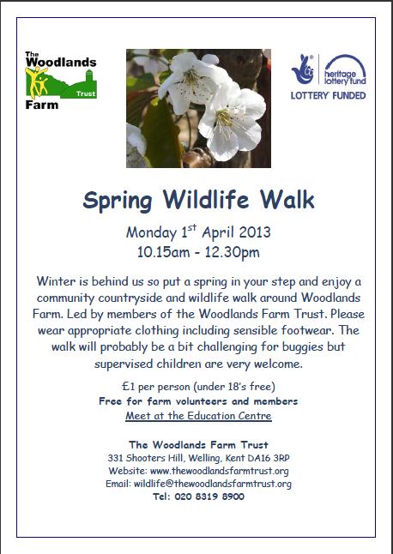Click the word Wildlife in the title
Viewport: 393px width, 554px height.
(206, 200)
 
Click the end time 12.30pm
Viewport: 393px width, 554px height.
(231, 253)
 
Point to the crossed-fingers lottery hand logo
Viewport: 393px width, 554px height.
(303, 69)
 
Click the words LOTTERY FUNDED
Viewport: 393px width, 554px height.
(328, 95)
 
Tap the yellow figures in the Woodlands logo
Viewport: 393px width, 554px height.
(36, 82)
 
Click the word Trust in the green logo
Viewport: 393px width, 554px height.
(86, 94)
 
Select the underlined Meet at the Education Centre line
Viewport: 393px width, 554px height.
(198, 416)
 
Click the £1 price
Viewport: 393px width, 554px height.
(129, 387)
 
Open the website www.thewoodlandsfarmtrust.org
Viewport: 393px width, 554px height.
(219, 471)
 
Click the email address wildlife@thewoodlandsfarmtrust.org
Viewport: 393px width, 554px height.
(213, 484)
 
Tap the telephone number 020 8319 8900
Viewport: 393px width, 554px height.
(209, 497)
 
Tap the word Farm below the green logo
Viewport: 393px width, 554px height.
(42, 105)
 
